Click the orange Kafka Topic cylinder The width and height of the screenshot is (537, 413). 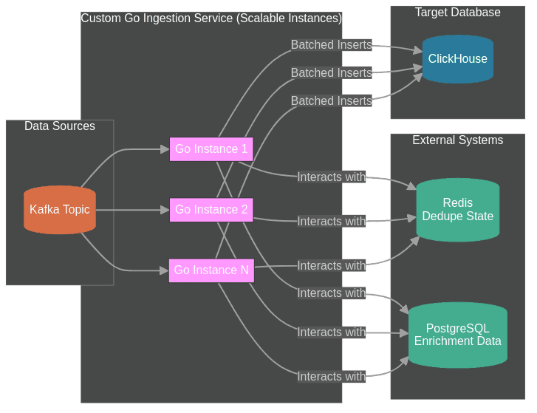coord(60,210)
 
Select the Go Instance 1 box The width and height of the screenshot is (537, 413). coord(211,149)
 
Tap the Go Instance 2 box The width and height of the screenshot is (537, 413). coord(211,210)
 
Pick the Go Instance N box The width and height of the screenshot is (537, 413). coord(211,270)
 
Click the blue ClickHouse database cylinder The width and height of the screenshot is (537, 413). coord(458,59)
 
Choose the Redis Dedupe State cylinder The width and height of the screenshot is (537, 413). coord(458,210)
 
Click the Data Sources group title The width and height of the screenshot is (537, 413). coord(60,126)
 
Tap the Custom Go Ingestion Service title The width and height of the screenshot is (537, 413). coord(211,18)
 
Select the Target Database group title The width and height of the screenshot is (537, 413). coord(458,13)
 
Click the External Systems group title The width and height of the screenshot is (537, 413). coord(458,140)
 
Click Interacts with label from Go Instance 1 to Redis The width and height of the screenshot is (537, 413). coord(331,177)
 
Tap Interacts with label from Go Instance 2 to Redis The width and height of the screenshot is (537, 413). coord(331,222)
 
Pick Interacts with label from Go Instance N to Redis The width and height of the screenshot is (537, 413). coord(331,266)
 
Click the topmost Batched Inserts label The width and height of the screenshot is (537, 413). coord(331,45)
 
